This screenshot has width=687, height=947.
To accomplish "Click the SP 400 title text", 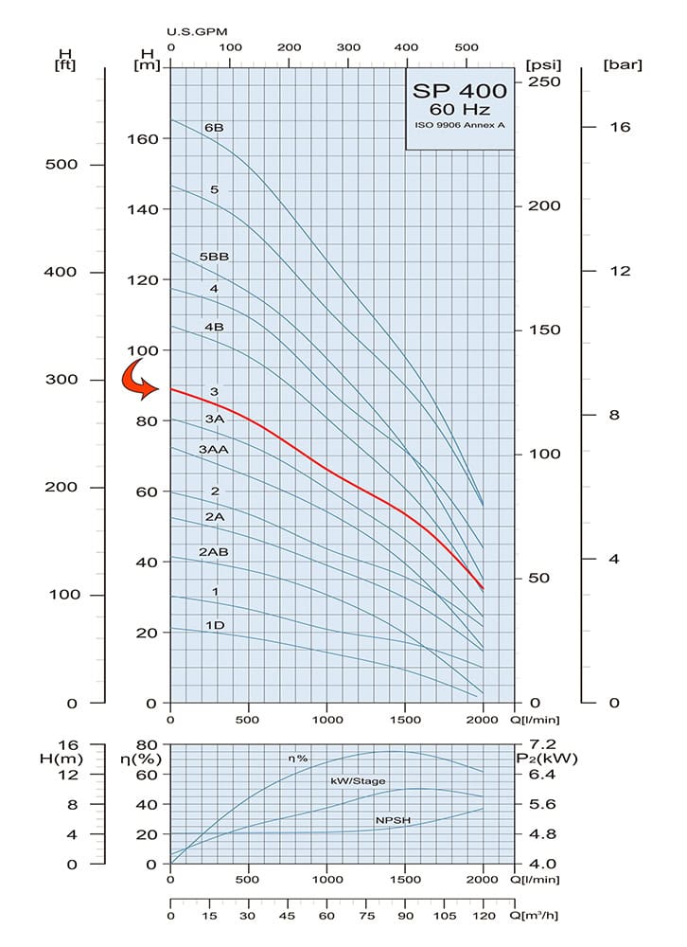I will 460,91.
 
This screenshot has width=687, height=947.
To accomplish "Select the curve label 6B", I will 214,127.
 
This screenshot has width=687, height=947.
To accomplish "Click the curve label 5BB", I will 215,257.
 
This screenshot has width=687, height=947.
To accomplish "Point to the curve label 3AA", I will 214,449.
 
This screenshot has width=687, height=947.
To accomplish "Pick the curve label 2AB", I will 214,551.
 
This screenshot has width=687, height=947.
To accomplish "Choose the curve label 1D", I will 215,625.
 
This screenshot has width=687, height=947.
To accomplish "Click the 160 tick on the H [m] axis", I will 141,138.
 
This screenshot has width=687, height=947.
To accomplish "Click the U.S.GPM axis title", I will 197,30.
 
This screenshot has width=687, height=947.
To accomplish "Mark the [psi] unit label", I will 543,64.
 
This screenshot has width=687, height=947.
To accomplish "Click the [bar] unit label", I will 622,64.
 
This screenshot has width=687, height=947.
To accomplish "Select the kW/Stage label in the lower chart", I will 358,781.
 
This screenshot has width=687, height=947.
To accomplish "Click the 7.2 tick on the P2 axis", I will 543,744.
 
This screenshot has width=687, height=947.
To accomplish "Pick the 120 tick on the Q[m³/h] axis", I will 483,916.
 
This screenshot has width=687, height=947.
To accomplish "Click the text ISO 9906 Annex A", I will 460,125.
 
